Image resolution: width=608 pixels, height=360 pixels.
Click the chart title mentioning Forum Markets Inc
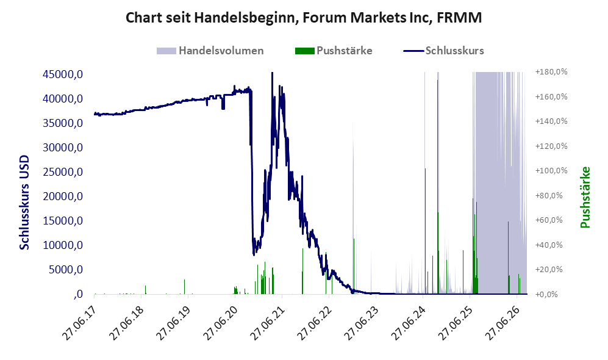(x=304, y=18)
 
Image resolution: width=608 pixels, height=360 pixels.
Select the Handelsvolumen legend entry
(x=210, y=51)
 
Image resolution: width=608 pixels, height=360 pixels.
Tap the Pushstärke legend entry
(x=334, y=51)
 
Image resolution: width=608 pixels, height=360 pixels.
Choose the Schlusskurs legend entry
(x=443, y=51)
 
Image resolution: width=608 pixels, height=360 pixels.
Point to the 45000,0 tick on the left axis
(x=62, y=74)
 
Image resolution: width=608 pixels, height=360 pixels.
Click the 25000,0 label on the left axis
(x=62, y=172)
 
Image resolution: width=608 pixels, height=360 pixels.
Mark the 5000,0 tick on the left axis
(x=65, y=270)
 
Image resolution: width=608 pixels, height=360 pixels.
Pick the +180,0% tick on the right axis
(x=551, y=72)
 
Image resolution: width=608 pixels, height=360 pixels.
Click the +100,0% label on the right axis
(x=551, y=171)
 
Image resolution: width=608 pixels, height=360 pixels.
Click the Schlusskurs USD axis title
(x=24, y=203)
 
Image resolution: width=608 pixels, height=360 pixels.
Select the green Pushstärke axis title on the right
(x=585, y=197)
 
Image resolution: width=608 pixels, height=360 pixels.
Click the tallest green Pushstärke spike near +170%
(x=438, y=186)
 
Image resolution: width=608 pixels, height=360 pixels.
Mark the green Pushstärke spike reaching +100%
(x=426, y=231)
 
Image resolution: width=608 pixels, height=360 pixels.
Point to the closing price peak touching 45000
(x=272, y=73)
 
